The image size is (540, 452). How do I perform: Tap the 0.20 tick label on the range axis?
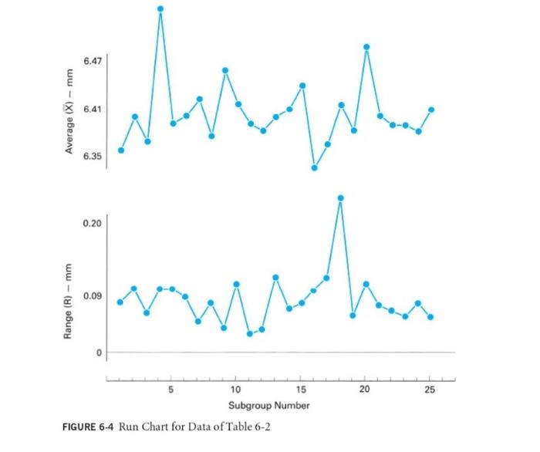[92, 224]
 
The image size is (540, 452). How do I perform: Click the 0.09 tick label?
[92, 296]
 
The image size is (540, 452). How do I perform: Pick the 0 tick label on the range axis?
[98, 352]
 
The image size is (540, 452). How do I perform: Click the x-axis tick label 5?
[171, 390]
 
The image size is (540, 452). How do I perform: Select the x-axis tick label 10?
[235, 390]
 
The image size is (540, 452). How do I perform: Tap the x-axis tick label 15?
[300, 390]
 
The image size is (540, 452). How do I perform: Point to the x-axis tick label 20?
[364, 390]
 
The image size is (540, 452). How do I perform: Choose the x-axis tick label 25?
[430, 390]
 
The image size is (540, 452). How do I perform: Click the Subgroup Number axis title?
[268, 405]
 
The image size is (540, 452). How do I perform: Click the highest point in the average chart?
[160, 9]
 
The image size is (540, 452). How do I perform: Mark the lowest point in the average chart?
[315, 167]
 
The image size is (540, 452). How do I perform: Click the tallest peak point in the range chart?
[340, 198]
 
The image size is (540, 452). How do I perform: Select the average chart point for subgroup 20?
[366, 47]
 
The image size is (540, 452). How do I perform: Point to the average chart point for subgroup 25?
[431, 110]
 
